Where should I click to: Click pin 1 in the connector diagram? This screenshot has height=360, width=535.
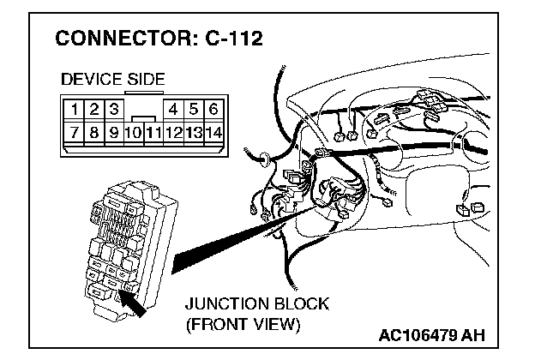(x=76, y=110)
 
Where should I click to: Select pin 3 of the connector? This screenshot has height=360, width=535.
(x=114, y=110)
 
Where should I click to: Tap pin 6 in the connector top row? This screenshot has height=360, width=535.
(x=213, y=110)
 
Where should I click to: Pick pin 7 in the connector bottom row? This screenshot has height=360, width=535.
(x=76, y=133)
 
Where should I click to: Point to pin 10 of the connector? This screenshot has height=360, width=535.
(x=133, y=133)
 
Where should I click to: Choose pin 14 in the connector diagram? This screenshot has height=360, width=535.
(x=214, y=133)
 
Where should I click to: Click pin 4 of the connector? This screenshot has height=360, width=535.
(x=174, y=110)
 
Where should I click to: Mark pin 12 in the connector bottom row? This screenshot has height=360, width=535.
(x=174, y=133)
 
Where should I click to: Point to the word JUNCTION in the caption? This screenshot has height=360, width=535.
(x=223, y=305)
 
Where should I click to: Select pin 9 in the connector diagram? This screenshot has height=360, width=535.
(x=113, y=133)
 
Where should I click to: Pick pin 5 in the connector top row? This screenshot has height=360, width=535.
(x=195, y=110)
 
